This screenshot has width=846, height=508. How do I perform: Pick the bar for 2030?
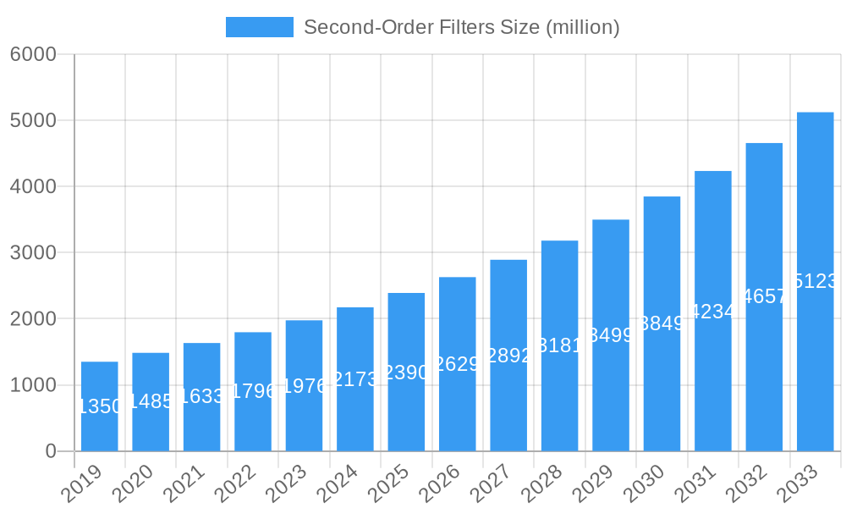click(662, 389)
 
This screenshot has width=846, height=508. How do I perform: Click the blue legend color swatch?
click(259, 27)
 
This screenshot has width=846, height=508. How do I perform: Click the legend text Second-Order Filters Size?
click(462, 27)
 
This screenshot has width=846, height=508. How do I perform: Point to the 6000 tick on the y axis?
click(33, 54)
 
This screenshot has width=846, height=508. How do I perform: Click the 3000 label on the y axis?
click(33, 252)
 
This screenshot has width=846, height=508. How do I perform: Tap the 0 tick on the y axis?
click(51, 451)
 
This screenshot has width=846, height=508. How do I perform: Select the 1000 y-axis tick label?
click(33, 385)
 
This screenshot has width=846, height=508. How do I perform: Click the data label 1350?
click(100, 406)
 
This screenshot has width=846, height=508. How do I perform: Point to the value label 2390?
click(406, 373)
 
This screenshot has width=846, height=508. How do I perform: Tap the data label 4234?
click(713, 312)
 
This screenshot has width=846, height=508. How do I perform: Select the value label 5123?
click(816, 281)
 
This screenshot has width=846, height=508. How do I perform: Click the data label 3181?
click(559, 345)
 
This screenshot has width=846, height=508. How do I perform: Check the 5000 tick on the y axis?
click(33, 120)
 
